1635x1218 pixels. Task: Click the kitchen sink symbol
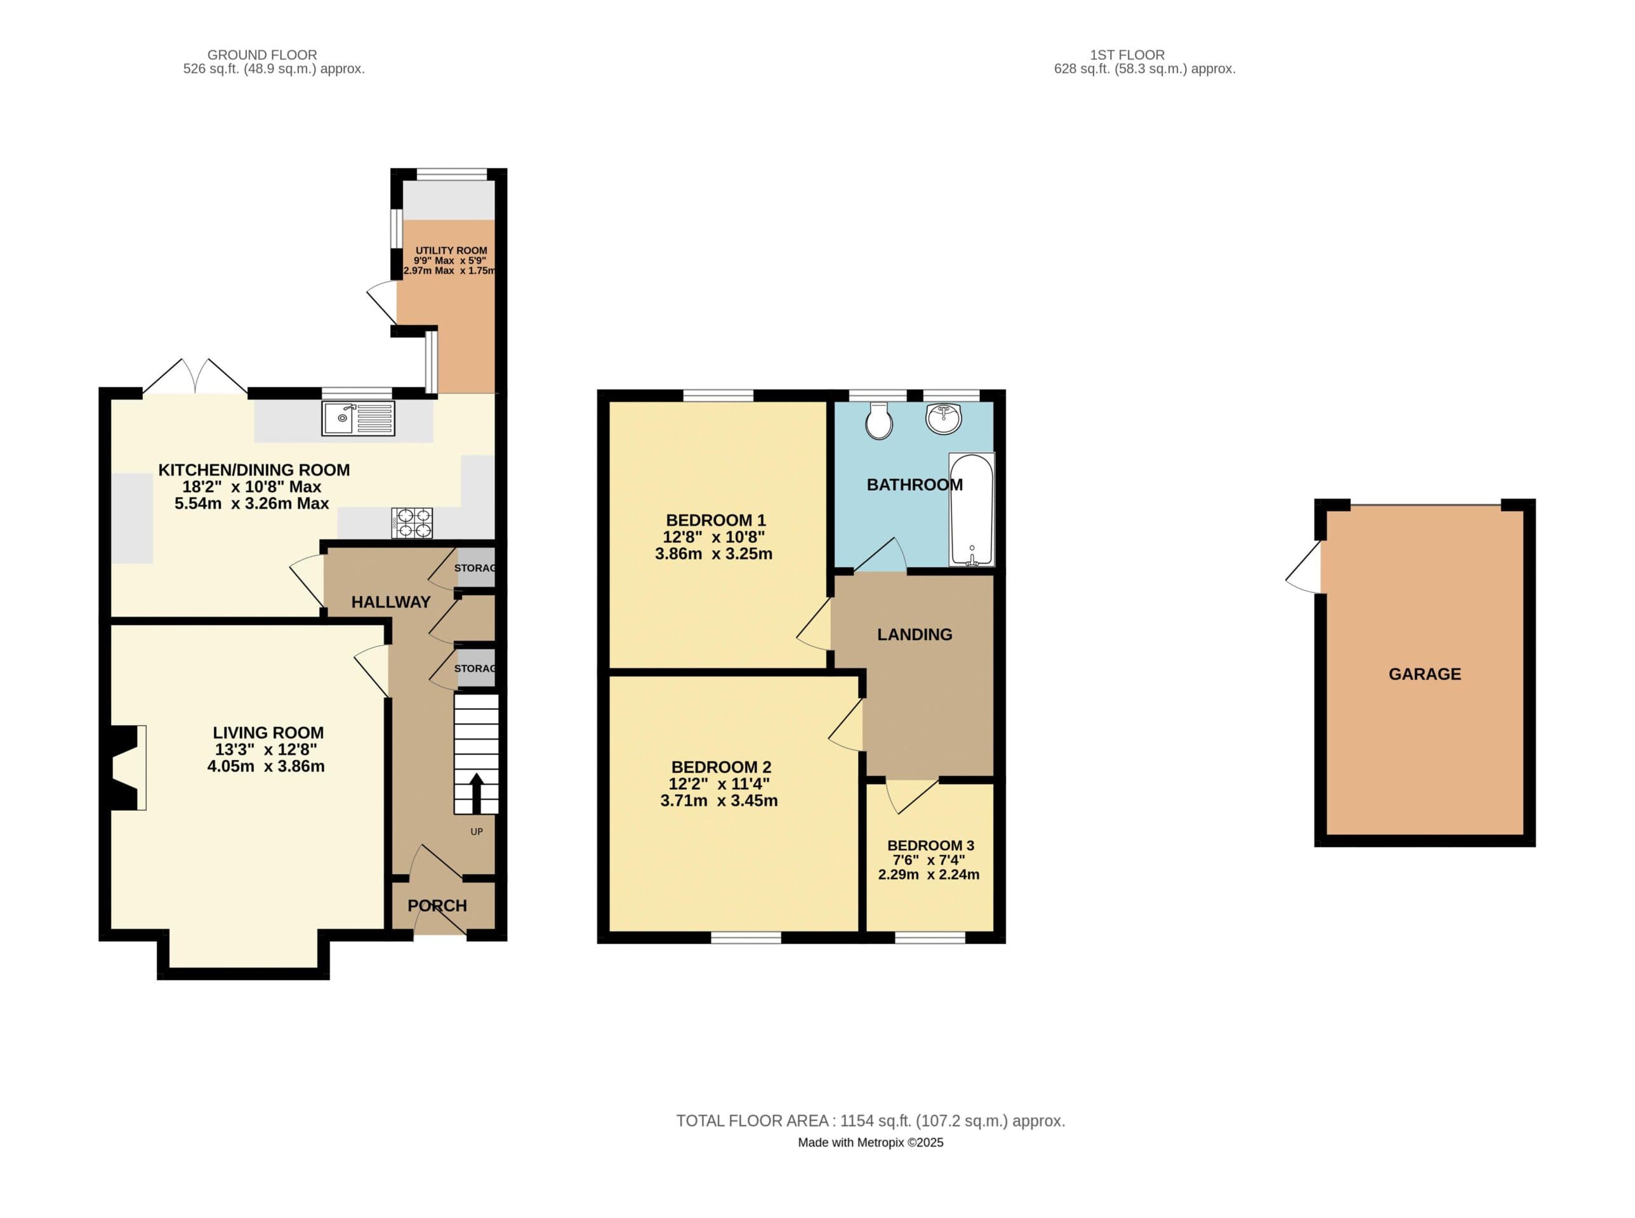coord(358,418)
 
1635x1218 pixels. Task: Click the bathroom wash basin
coord(943,418)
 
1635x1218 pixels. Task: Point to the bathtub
coord(971,509)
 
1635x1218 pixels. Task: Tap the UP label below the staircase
coord(477,832)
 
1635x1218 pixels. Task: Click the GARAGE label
coord(1424,674)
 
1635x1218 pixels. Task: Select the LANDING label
coord(914,634)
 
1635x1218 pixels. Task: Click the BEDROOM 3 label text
coord(930,846)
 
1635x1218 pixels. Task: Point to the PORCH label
coord(437,905)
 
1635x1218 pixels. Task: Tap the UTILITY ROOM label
coord(451,251)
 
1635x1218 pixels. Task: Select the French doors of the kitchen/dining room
coord(195,377)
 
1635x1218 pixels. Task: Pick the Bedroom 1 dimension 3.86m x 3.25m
coord(713,554)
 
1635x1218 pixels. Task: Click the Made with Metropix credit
coord(870,1143)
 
